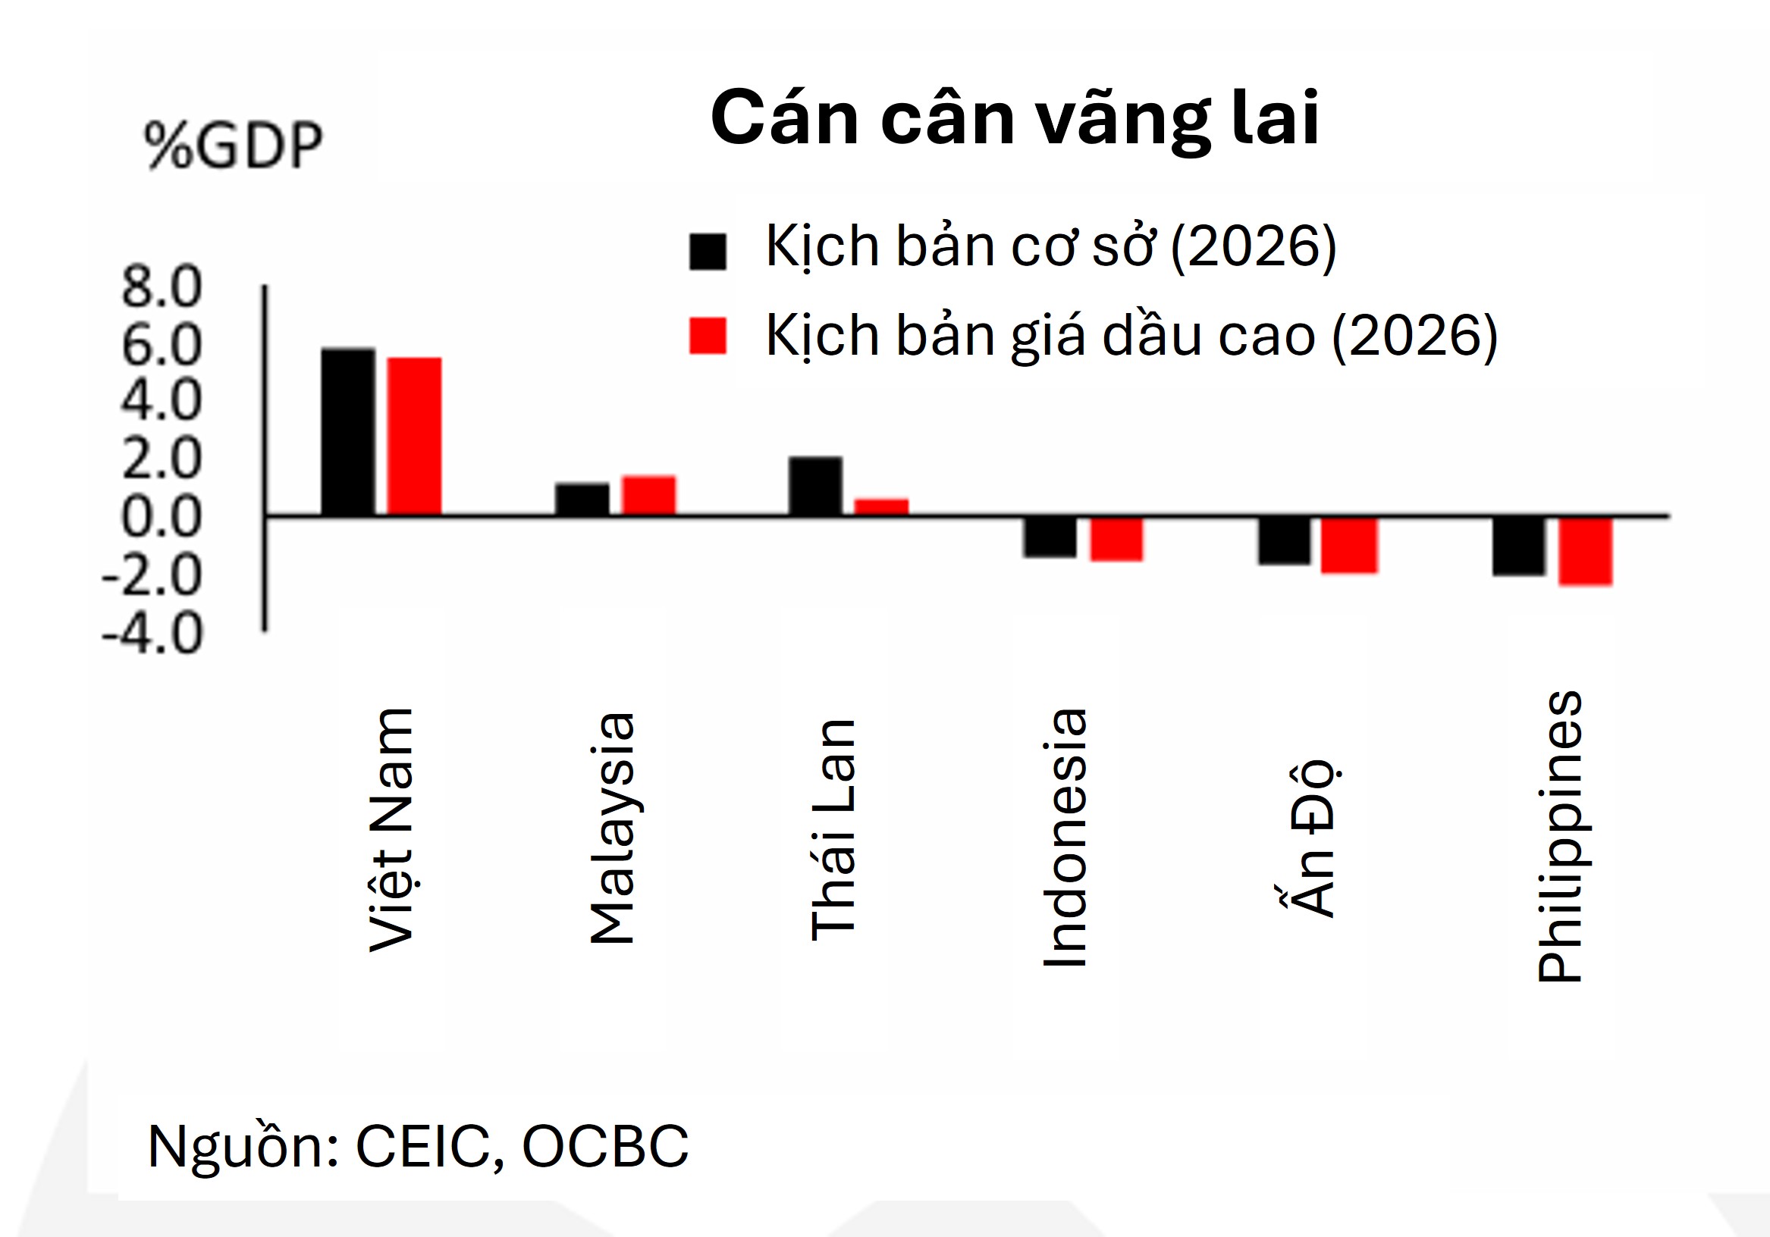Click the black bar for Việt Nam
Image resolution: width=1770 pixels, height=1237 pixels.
(347, 431)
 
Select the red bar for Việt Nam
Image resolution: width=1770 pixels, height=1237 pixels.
(414, 437)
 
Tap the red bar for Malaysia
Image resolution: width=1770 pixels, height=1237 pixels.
(648, 496)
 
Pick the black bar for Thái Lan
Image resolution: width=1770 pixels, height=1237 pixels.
(814, 486)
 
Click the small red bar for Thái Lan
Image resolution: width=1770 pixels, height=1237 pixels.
(881, 506)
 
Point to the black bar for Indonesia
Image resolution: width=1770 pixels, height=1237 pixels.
(1050, 537)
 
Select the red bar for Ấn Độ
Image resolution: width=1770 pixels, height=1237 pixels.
(1348, 546)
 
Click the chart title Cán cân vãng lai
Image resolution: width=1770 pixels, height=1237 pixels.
(1015, 118)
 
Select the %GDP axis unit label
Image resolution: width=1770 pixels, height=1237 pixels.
(233, 145)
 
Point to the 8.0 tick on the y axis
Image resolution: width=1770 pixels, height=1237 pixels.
(161, 287)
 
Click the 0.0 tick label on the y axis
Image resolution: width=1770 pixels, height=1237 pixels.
(161, 517)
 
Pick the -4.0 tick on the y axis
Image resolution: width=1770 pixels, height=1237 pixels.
(152, 634)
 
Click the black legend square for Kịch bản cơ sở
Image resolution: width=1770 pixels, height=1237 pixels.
(707, 251)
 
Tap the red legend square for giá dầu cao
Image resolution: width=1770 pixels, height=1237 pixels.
(707, 336)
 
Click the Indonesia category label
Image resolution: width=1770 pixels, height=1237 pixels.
(1065, 837)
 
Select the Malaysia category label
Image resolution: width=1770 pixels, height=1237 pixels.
(612, 828)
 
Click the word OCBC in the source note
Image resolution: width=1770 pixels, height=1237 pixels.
(605, 1147)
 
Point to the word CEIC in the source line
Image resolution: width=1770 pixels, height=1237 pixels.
(423, 1147)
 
